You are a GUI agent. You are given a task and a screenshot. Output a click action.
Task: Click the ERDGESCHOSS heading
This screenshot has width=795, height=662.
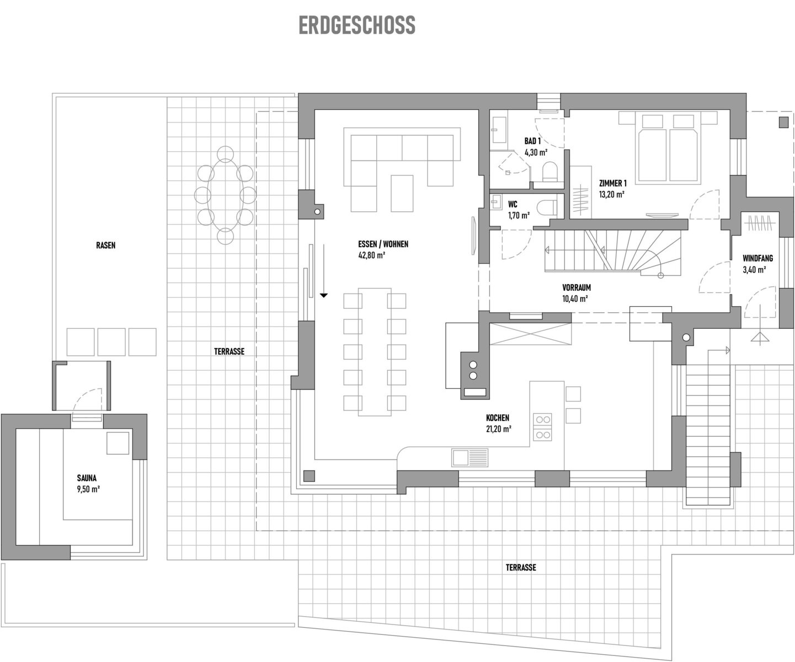pos(357,25)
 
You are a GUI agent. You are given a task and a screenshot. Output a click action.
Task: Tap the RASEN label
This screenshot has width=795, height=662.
pos(105,245)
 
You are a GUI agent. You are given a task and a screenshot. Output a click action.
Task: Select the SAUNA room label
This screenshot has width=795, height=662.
pos(87,478)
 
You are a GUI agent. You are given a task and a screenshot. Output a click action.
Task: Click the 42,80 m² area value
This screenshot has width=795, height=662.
pos(371,255)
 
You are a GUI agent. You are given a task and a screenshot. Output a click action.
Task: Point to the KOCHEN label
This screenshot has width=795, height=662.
pos(497,418)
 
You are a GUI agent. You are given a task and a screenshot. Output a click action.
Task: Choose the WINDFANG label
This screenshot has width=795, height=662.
pos(757,259)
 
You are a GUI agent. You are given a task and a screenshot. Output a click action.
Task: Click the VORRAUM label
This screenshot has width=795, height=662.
pos(577,287)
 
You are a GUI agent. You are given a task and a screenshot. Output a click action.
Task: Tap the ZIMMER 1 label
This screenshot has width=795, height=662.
pos(612,183)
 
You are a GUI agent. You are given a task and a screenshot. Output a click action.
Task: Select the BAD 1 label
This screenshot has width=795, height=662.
pos(532,141)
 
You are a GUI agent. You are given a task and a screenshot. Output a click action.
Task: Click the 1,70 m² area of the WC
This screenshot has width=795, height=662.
pos(519,216)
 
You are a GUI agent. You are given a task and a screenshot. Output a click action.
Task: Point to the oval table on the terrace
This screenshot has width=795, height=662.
pos(226,195)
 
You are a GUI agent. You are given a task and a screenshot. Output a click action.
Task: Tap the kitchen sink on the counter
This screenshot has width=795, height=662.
pos(470,457)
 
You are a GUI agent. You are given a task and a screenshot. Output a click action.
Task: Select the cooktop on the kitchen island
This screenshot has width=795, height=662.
pos(542,427)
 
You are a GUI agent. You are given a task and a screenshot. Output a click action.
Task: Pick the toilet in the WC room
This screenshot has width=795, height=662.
pos(547,208)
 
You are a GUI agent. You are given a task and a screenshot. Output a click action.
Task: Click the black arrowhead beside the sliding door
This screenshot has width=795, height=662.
pos(324,295)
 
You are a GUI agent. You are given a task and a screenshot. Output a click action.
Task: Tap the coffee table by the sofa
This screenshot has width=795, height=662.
pos(402,194)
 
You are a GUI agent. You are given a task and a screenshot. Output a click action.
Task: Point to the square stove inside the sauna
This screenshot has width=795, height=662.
pos(118,443)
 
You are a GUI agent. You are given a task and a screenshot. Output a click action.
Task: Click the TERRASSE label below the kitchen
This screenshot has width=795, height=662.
pos(520,568)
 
